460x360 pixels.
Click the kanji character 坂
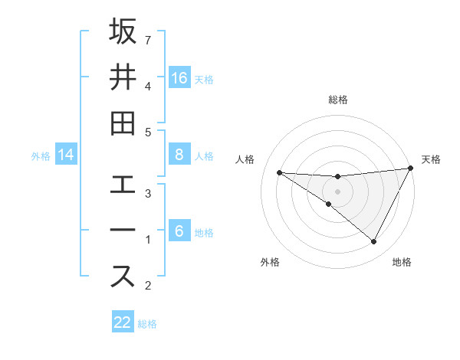pos(123,33)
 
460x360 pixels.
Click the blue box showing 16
pos(179,78)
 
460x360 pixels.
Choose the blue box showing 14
pos(66,155)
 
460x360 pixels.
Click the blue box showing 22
pos(123,322)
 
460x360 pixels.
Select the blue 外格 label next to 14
pos(41,156)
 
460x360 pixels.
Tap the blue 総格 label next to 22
pos(147,323)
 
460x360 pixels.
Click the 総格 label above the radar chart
pos(337,100)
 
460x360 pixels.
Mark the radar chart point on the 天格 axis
pos(411,169)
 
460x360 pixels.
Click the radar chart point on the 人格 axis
pos(279,172)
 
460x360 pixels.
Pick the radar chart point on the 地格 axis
pos(374,242)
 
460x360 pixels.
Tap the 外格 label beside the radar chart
pos(270,262)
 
